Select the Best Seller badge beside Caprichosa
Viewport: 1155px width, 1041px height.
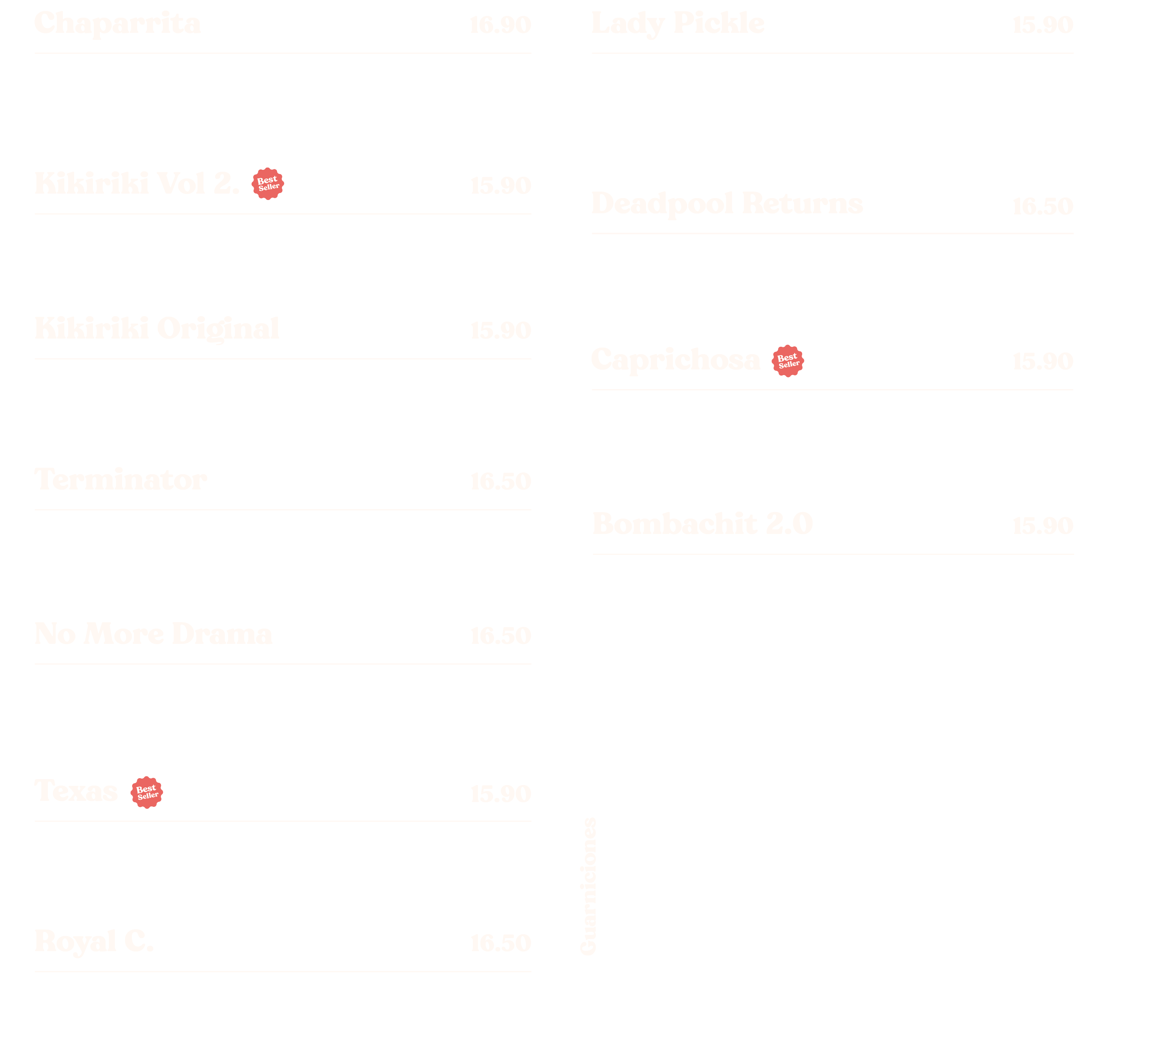pos(788,361)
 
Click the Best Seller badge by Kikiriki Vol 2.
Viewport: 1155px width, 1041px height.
pos(267,184)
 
